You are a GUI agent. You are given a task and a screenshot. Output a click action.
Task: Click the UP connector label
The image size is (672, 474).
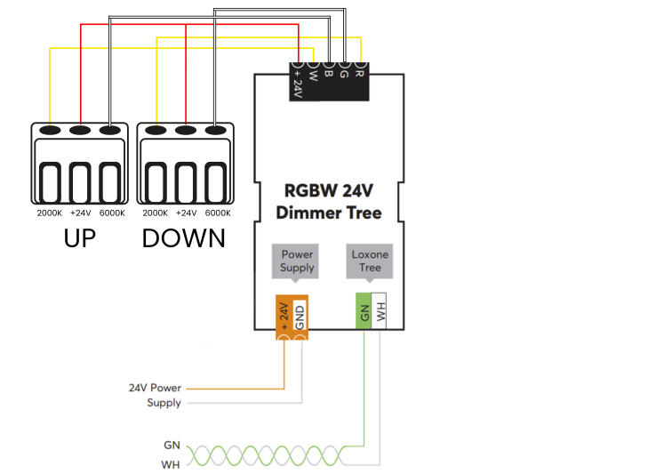[x=80, y=238]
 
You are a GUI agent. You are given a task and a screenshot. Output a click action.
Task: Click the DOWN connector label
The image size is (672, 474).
[x=183, y=238]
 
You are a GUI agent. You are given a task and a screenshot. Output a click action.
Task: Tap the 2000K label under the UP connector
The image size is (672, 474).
[x=49, y=213]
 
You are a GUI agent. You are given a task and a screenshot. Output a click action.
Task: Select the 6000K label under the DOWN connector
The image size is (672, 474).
[x=218, y=213]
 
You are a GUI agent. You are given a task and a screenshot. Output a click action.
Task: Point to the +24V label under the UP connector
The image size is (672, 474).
[x=81, y=213]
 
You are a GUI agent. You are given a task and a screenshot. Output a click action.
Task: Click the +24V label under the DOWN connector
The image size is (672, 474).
[x=187, y=213]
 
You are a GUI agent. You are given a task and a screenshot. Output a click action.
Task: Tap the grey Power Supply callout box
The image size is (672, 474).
[x=295, y=261]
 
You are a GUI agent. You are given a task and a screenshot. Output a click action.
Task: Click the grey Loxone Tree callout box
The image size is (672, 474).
[x=370, y=261]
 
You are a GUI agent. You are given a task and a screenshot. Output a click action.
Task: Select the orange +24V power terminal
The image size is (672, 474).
[x=284, y=317]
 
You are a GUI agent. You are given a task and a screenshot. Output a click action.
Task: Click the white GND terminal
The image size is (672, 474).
[x=300, y=316]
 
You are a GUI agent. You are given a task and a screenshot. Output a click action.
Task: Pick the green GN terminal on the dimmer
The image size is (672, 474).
[x=364, y=311]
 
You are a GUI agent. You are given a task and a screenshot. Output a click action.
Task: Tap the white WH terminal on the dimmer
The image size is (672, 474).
[x=379, y=311]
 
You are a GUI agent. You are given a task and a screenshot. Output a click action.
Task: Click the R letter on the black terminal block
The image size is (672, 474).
[x=359, y=74]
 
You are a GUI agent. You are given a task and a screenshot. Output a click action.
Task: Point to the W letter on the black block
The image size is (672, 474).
[x=313, y=76]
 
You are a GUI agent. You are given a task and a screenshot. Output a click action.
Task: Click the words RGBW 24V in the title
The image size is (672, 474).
[x=329, y=191]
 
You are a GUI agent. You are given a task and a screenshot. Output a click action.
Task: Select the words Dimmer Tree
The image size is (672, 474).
[x=329, y=213]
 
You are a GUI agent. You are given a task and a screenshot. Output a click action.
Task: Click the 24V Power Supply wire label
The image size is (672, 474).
[x=156, y=395]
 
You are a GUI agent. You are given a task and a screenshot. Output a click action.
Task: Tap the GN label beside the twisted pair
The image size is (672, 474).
[x=172, y=446]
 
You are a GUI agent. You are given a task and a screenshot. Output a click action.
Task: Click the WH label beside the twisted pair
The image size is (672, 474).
[x=170, y=464]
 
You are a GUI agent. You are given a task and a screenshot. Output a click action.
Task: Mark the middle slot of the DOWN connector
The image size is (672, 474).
[x=186, y=182]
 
